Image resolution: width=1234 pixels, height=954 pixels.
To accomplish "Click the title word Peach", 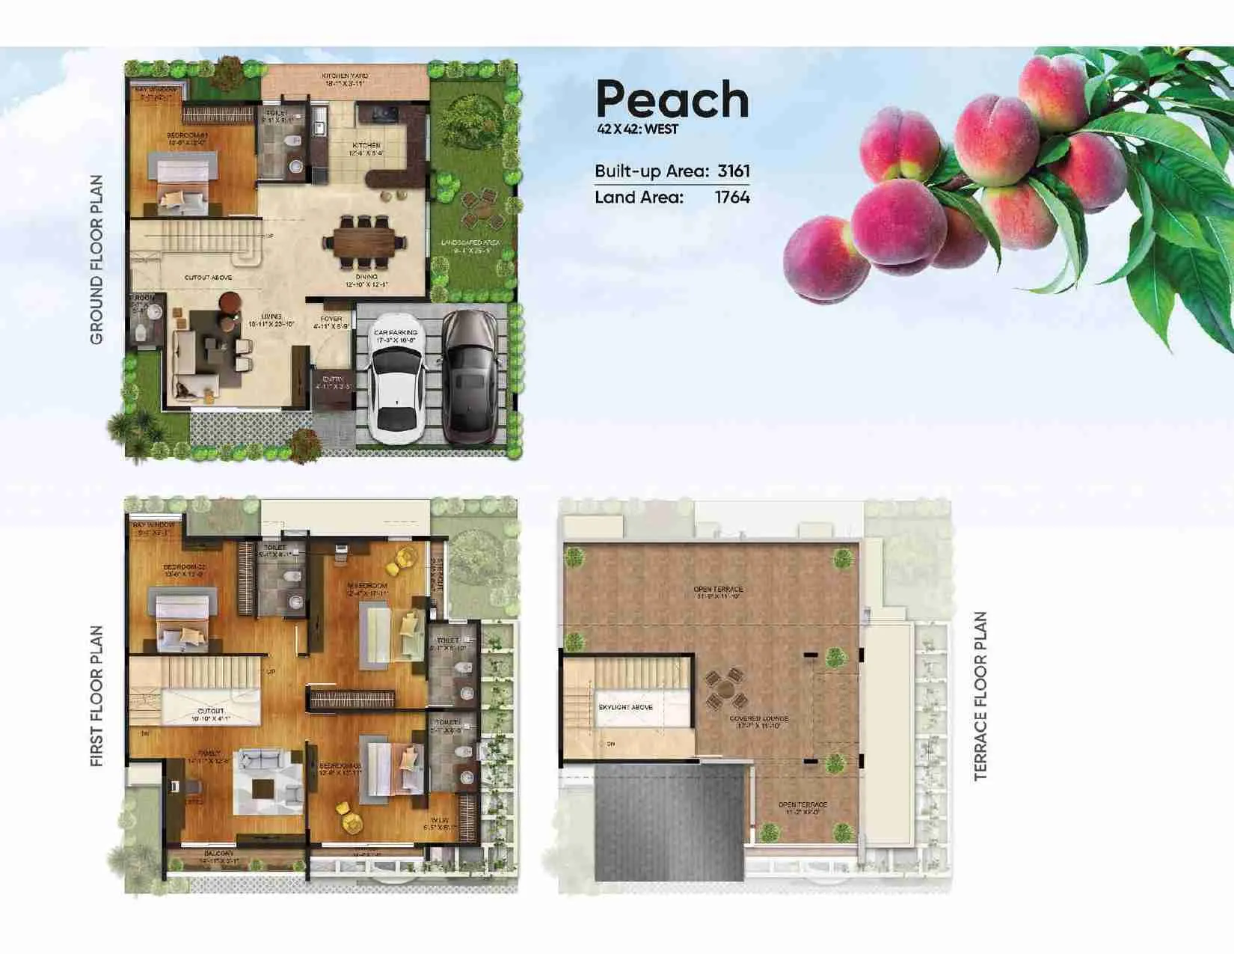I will [672, 100].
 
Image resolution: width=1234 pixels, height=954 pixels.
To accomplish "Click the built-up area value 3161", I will [733, 171].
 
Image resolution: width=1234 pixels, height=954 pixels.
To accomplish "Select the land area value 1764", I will [731, 198].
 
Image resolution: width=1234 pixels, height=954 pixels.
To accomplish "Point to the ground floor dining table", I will [364, 242].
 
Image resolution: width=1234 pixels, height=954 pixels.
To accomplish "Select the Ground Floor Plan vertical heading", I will [96, 260].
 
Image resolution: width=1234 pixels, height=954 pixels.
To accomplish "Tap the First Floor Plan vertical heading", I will [96, 696].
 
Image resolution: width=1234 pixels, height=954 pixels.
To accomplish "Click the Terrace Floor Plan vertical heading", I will [980, 696].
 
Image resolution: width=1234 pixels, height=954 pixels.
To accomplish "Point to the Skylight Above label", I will [626, 707].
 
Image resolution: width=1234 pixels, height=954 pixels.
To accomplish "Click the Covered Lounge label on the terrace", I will [758, 721].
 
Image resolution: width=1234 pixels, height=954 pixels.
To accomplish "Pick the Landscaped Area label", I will [470, 246].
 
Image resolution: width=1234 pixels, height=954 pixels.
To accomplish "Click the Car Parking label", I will [396, 336].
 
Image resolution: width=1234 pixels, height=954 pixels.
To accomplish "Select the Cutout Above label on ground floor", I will [208, 278].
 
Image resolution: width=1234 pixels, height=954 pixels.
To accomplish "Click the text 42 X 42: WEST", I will [637, 129].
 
